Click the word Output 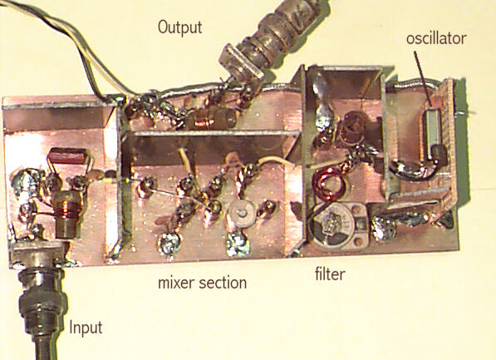[179, 27]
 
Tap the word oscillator [436, 38]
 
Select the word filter [330, 274]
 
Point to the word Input [86, 328]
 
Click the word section [223, 283]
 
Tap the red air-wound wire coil [326, 185]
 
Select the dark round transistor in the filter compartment [353, 125]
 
